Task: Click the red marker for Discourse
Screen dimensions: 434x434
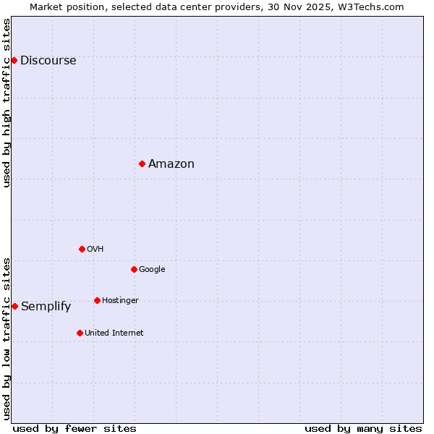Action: coord(14,60)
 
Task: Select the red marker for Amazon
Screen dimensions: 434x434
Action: coord(142,163)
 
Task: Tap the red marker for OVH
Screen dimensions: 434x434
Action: coord(82,249)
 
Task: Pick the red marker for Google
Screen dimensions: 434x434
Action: coord(134,269)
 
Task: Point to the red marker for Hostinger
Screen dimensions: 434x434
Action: coord(97,300)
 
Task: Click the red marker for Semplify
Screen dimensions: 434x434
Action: coord(14,306)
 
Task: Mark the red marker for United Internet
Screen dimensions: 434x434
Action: coord(80,333)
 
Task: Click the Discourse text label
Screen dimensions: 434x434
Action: coord(48,61)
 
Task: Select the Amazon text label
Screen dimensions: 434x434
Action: coord(171,164)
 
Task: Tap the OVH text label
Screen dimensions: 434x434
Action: coord(95,250)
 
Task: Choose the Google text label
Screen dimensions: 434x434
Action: coord(152,270)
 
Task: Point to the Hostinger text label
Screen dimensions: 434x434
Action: coord(120,301)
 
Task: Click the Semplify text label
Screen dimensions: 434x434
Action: coord(46,307)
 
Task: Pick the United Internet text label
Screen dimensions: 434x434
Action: coord(114,333)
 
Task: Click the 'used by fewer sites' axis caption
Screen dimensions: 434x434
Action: coord(75,428)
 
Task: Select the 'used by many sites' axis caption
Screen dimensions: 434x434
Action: coord(363,428)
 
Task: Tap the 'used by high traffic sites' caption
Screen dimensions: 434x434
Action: coord(7,103)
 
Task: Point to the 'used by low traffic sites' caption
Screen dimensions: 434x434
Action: coord(7,339)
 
